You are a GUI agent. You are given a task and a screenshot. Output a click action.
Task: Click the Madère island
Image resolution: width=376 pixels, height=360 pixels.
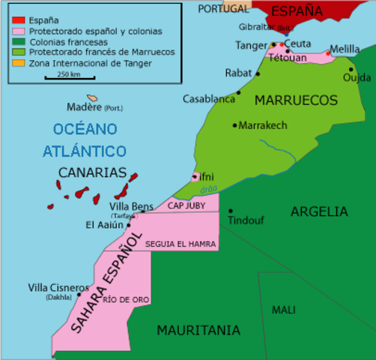[x=92, y=98]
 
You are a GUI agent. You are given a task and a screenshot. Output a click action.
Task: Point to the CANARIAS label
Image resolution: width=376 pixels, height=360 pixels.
[x=92, y=172]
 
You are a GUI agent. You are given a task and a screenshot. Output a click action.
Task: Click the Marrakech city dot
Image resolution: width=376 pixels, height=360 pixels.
[x=234, y=125]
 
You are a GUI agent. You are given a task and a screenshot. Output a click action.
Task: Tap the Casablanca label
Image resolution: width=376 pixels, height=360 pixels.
[x=208, y=99]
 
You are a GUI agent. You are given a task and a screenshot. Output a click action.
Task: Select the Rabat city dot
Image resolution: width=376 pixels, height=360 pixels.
[x=258, y=74]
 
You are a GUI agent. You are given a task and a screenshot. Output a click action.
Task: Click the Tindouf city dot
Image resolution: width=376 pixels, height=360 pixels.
[x=231, y=211]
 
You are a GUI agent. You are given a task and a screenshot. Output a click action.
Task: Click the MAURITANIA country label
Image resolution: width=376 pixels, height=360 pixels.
[x=198, y=330]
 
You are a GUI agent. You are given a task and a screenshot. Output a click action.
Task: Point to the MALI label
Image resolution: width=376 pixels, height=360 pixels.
[x=284, y=310]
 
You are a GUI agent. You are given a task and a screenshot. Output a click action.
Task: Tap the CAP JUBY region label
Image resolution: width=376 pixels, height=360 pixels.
[x=185, y=205]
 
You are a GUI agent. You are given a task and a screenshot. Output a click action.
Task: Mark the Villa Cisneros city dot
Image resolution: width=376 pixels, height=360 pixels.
[x=79, y=295]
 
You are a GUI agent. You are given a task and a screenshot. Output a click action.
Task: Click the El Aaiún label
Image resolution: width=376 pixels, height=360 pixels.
[x=106, y=224]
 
